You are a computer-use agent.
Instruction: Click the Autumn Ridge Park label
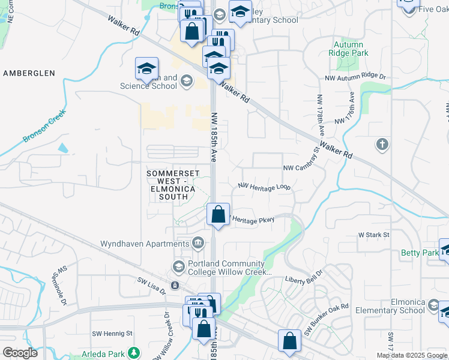coord(348,49)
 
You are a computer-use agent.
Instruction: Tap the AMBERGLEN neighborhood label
coord(29,73)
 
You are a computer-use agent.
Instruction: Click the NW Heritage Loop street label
coord(264,188)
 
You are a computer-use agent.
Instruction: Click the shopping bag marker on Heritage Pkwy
coord(218,215)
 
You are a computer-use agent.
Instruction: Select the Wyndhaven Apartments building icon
coord(197,243)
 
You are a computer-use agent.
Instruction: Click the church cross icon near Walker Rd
coord(382,144)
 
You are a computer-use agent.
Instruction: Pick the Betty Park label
coord(420,253)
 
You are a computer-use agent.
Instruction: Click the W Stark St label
coord(373,235)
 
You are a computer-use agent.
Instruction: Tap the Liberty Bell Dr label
coord(304,280)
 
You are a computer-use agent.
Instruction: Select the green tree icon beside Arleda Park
coord(136,352)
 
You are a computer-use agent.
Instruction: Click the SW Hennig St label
coord(112,333)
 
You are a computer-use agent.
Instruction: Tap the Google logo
coord(20,353)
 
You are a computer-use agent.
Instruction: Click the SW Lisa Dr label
coord(151,280)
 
